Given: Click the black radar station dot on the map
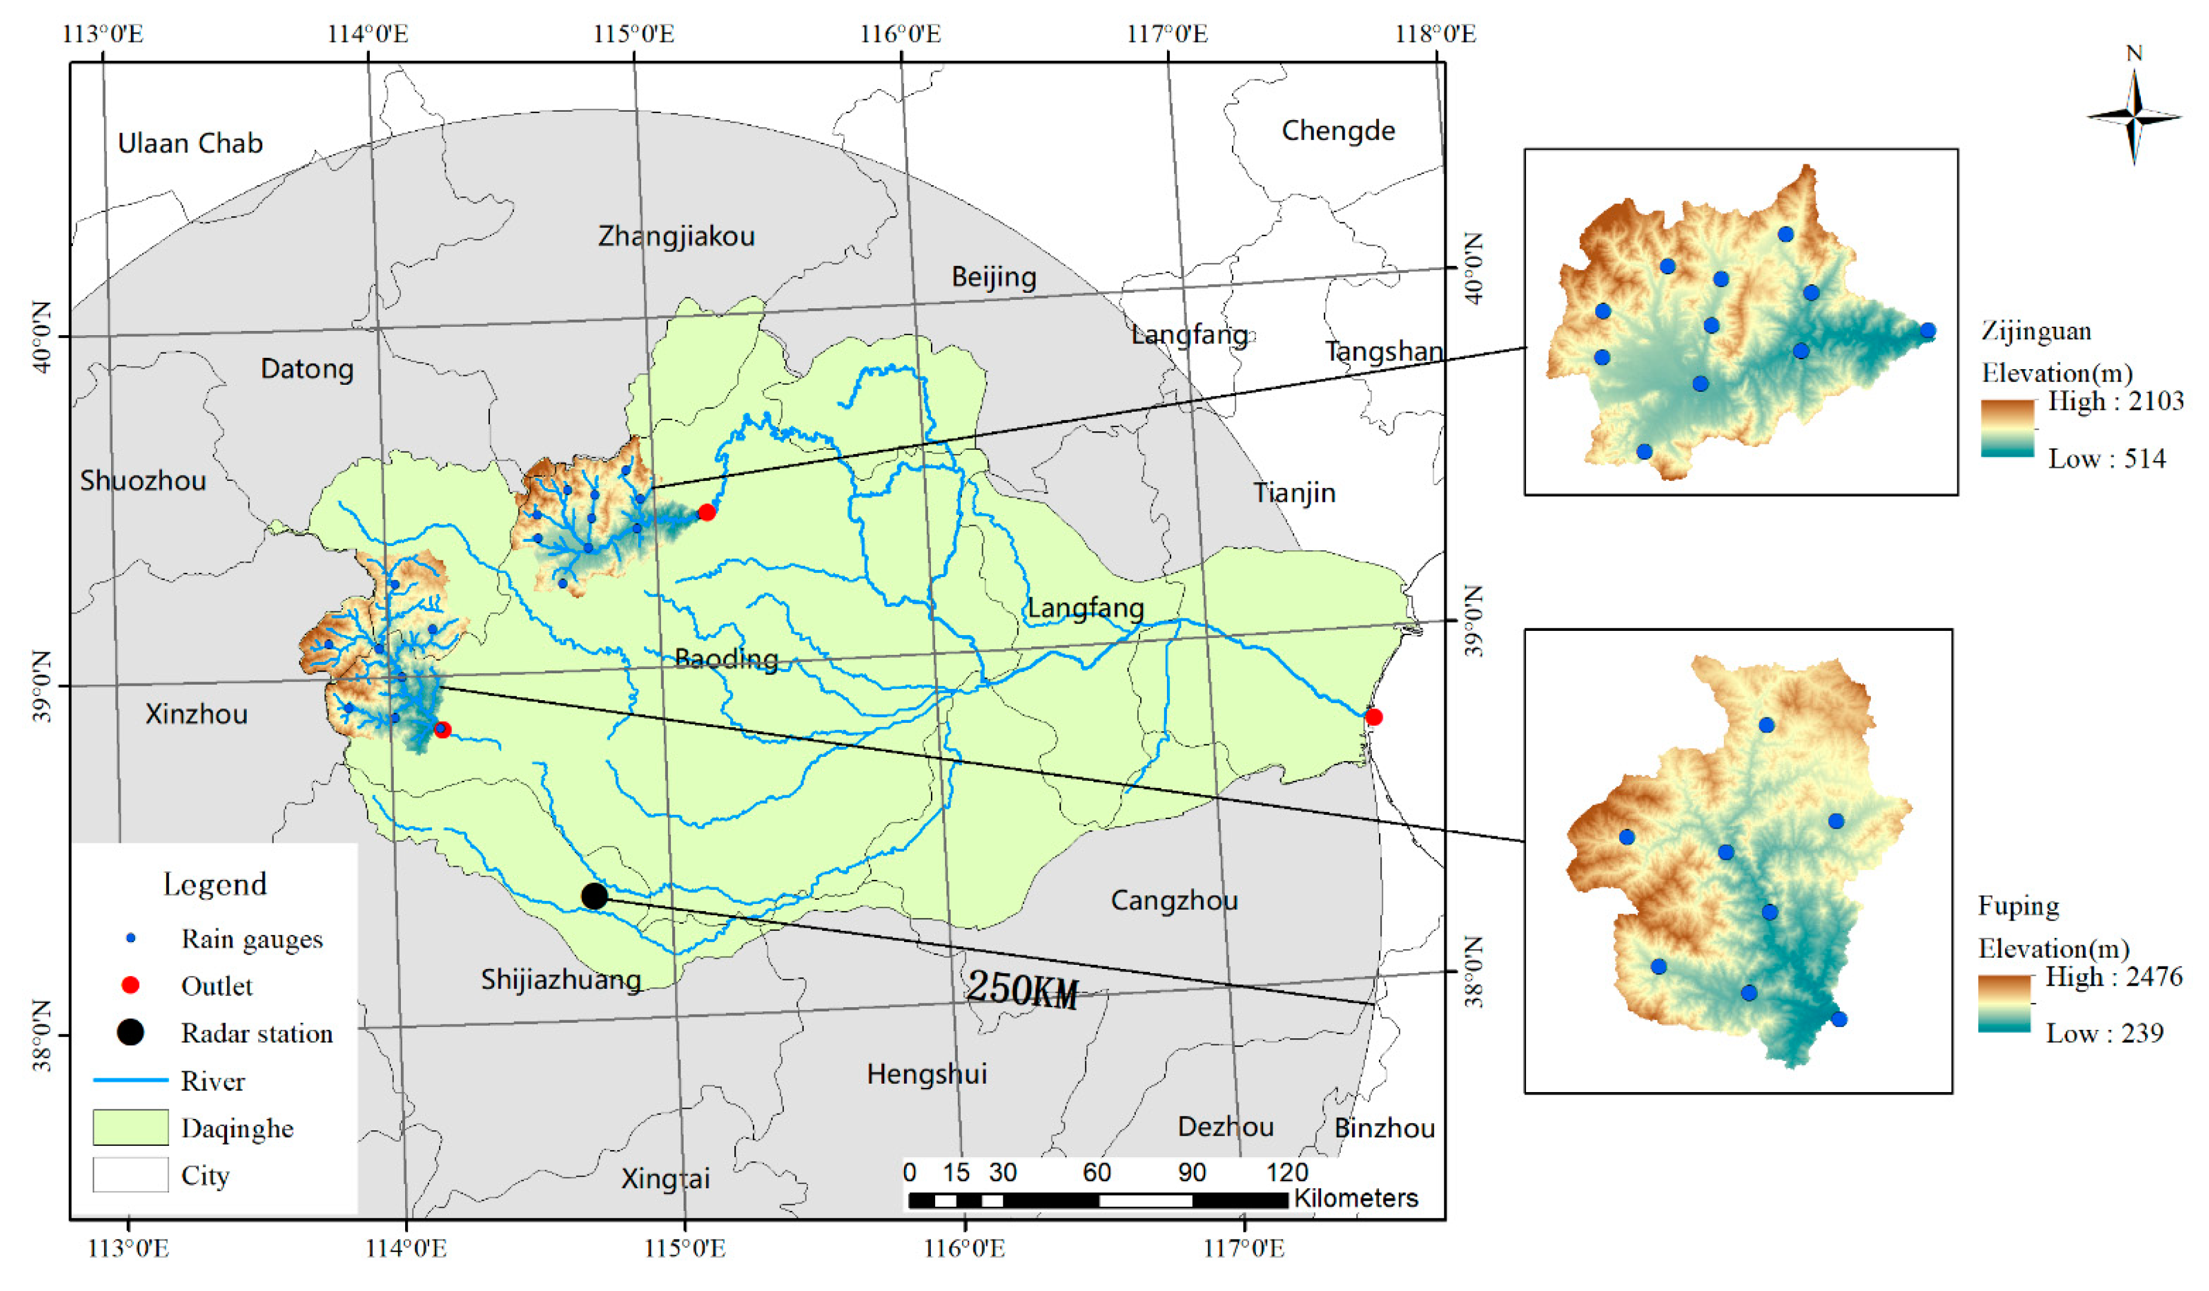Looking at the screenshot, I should coord(595,896).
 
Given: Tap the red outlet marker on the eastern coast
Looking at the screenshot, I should coord(1374,717).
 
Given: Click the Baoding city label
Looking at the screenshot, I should coord(726,658).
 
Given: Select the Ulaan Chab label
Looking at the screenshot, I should coord(190,143).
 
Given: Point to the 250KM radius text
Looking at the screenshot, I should coord(1021,989).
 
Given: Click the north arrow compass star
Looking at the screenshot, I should coord(2134,116).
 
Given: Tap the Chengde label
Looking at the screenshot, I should coord(1338,131).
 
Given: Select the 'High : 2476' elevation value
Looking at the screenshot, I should coord(2113,976).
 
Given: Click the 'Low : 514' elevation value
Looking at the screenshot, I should coord(2106,458).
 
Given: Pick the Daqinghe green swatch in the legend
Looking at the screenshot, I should coord(131,1127).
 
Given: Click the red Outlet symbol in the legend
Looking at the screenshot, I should coord(131,985).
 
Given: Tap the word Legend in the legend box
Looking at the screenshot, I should coord(215,884).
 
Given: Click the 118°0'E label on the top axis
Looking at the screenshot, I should coord(1435,34).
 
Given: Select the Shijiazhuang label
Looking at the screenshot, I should coord(561,979).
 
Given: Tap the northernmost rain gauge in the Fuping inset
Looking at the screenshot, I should coord(1766,725).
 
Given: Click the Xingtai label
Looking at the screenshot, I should coord(666,1178).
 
